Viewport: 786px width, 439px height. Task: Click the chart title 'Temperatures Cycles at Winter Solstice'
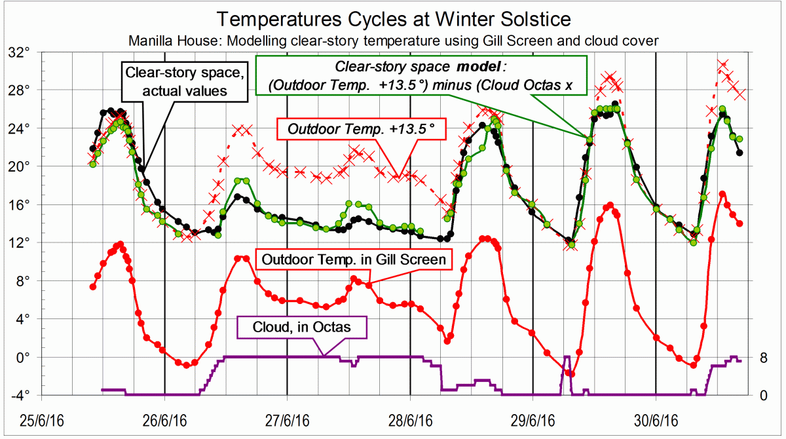click(393, 18)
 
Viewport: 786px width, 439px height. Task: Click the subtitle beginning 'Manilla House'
click(393, 41)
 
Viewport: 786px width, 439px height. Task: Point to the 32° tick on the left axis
click(29, 52)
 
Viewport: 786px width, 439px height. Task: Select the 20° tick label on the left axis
click(29, 166)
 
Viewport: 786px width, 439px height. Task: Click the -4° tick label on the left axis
click(29, 395)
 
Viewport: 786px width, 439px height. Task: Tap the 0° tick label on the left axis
click(31, 358)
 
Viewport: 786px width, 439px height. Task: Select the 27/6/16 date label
click(287, 418)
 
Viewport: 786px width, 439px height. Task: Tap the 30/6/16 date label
click(656, 418)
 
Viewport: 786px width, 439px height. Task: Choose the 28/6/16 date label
click(410, 418)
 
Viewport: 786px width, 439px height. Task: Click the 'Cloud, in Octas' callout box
click(303, 327)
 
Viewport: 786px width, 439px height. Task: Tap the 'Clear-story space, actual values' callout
click(184, 81)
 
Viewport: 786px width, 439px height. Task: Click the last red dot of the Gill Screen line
click(739, 223)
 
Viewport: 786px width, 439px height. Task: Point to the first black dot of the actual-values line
click(92, 149)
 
